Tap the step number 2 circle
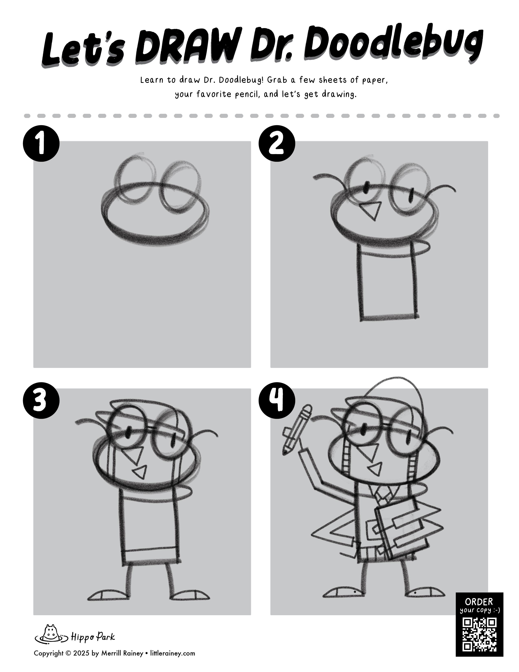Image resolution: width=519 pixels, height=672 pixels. point(277,143)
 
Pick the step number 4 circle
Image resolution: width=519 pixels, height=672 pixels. point(277,401)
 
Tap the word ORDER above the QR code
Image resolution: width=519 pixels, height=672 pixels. point(479,602)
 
